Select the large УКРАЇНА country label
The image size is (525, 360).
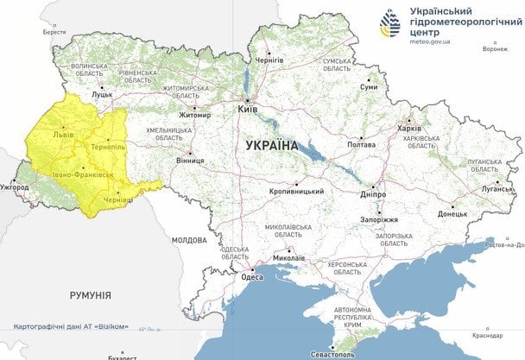(x=272, y=146)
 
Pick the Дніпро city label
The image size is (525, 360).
(x=374, y=195)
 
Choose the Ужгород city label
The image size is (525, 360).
(x=14, y=186)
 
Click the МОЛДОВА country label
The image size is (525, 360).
(x=189, y=239)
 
